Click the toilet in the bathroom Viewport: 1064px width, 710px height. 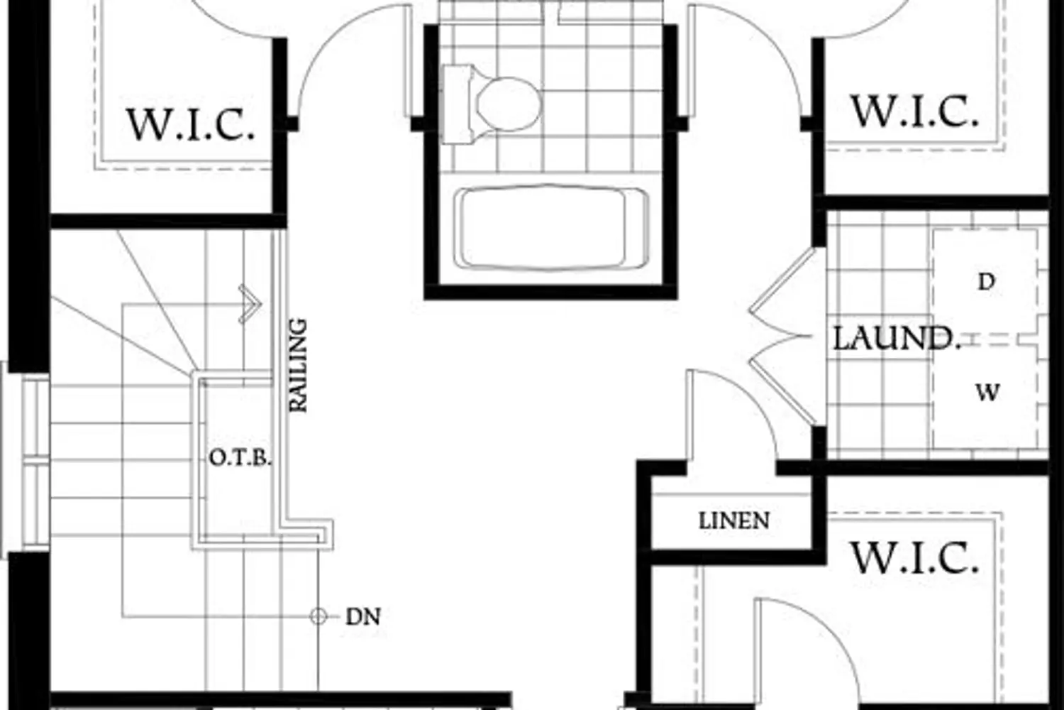point(492,104)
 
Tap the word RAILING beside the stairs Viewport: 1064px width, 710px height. point(299,365)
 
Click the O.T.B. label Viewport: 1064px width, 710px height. point(240,458)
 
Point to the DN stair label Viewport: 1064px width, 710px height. point(363,617)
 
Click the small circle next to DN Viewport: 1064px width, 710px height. point(318,617)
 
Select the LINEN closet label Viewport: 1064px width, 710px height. point(734,520)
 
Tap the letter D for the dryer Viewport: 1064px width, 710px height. point(987,282)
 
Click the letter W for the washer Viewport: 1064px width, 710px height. point(987,393)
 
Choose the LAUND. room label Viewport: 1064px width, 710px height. point(897,339)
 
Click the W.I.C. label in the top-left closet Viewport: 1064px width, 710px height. point(191,124)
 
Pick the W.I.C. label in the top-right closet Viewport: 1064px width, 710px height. point(914,111)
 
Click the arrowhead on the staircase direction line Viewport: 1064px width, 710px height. point(250,304)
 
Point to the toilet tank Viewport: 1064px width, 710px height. point(457,104)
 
